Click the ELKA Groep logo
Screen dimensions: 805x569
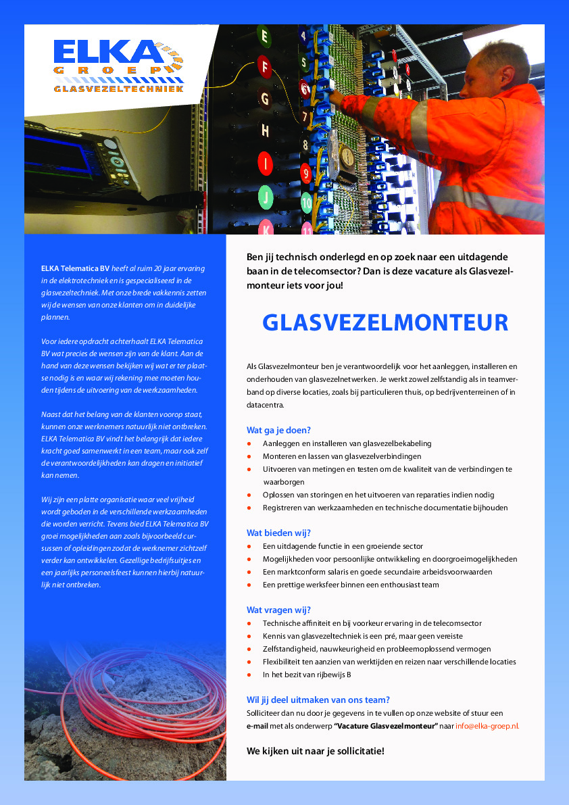118,65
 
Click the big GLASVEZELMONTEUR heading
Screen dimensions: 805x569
385,323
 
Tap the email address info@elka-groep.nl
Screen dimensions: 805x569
487,726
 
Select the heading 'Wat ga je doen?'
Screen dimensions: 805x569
278,430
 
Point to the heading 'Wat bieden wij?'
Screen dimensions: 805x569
278,533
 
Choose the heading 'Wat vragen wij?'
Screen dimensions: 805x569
278,610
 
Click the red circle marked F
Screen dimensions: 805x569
265,66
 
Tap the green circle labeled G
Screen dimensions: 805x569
265,98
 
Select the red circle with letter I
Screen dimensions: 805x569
266,163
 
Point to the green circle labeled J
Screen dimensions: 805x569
266,197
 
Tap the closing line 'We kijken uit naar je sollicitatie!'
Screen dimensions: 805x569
316,751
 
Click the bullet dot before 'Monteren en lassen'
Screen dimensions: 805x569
249,456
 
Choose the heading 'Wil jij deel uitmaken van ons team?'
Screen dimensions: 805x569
318,700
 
